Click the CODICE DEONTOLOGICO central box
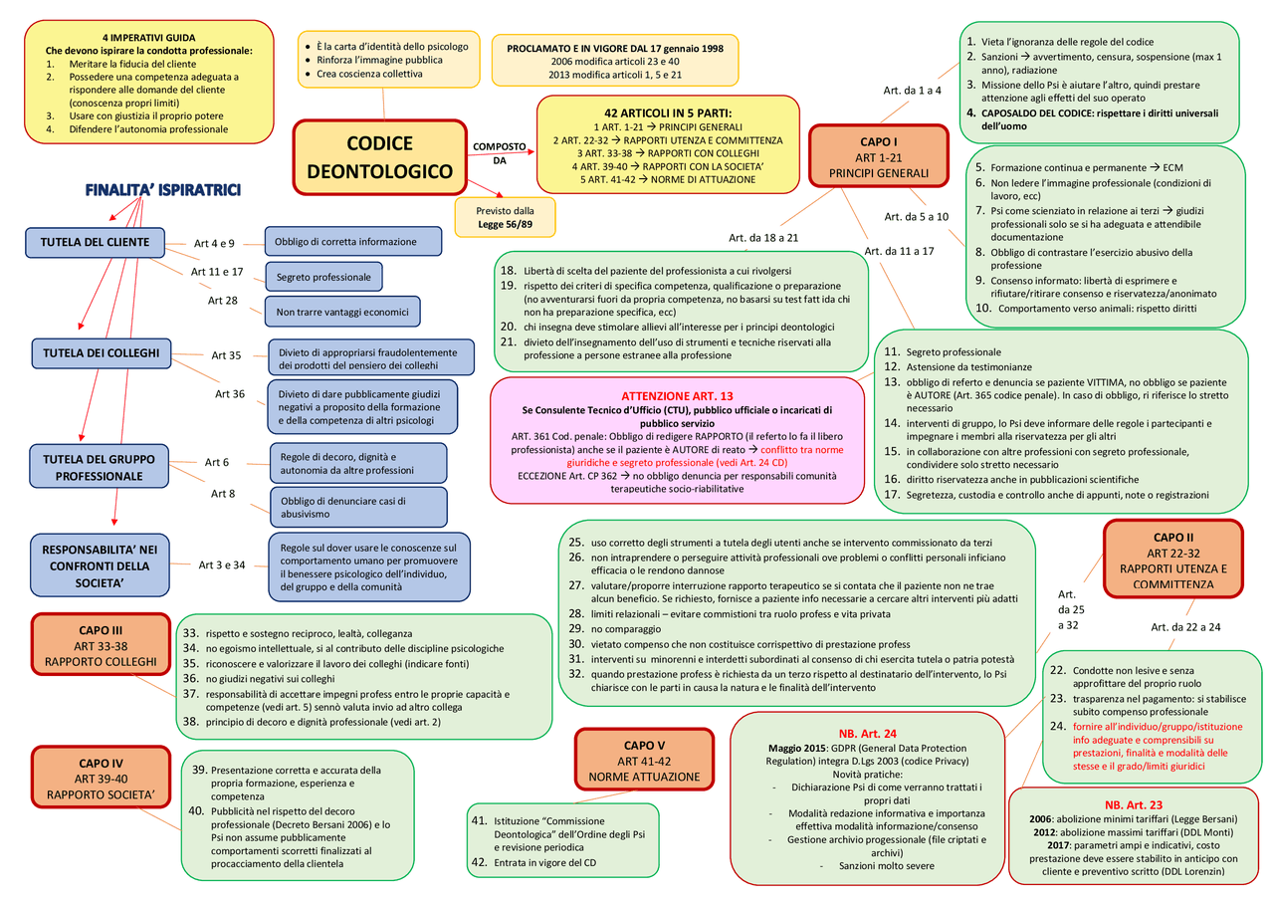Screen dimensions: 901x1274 [379, 157]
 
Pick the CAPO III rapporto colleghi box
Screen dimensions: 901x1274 [102, 646]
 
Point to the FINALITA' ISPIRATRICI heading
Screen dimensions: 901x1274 [162, 190]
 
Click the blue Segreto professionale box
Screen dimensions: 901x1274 [323, 277]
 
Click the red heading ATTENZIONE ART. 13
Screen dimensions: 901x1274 [677, 395]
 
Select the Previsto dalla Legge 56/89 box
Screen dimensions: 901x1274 [505, 218]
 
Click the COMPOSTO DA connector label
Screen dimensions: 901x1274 [500, 153]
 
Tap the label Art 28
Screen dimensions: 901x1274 [223, 300]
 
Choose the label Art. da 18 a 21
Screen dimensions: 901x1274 [763, 238]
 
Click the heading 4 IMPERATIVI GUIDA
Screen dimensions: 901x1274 [146, 37]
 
